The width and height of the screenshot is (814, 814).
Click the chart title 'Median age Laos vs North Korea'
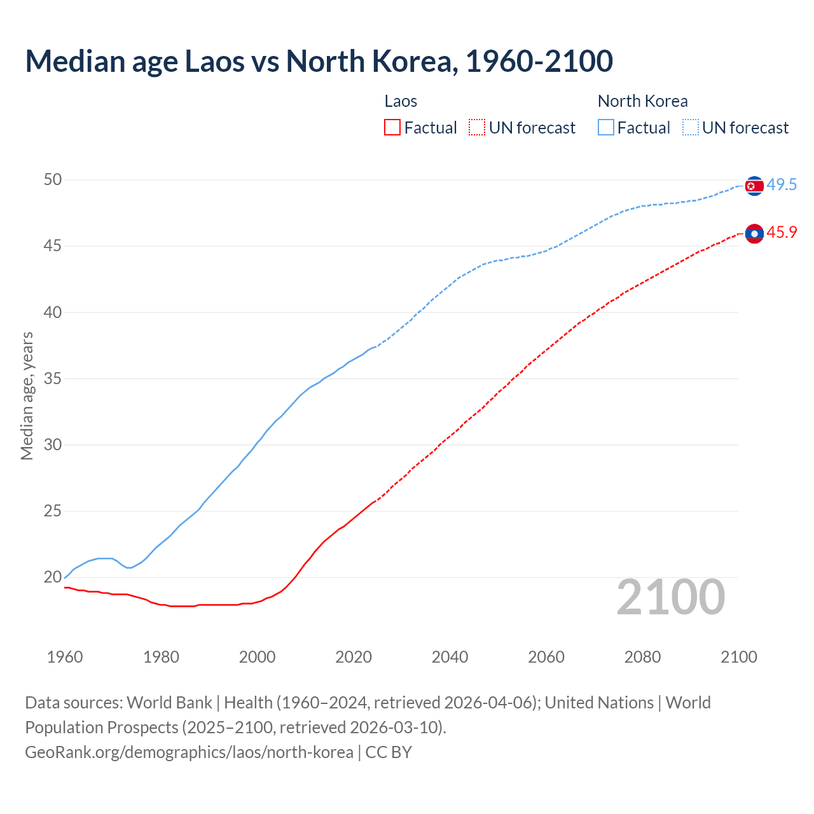click(x=319, y=62)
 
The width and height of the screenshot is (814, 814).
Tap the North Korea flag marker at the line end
click(x=754, y=186)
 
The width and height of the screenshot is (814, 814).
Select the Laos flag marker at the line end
click(x=754, y=234)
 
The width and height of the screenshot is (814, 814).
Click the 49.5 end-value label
click(x=782, y=185)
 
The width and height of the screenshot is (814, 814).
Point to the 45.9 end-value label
click(x=782, y=233)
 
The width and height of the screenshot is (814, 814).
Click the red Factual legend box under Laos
click(x=392, y=128)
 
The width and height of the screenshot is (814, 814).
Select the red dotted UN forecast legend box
click(x=477, y=128)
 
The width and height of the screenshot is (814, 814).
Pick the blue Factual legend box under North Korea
click(x=606, y=128)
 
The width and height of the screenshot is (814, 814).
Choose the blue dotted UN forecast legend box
click(x=691, y=128)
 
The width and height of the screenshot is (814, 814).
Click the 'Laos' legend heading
click(x=401, y=101)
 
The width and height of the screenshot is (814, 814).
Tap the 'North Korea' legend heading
click(x=642, y=101)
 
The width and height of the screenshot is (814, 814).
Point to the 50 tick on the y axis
click(x=53, y=180)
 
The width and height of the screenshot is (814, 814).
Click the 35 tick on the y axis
click(x=53, y=379)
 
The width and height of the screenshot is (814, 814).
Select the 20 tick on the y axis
click(x=53, y=577)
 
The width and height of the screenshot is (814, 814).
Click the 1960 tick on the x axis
click(x=65, y=657)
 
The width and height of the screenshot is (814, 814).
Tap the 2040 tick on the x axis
click(x=450, y=657)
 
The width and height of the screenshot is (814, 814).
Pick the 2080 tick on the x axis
click(x=642, y=657)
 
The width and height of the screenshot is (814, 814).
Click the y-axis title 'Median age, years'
click(x=27, y=396)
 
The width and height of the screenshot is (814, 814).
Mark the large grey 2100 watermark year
click(x=670, y=597)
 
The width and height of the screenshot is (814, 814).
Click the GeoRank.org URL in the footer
click(x=189, y=752)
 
